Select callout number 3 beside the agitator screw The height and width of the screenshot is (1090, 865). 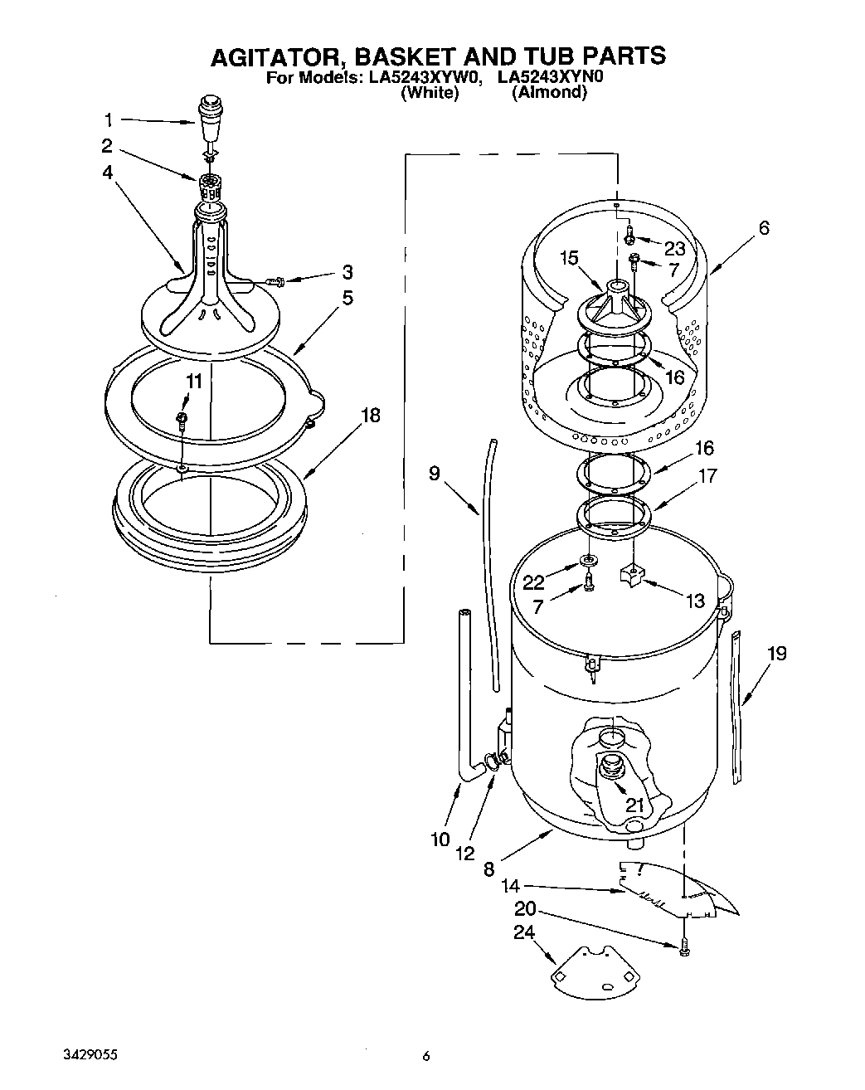pos(347,272)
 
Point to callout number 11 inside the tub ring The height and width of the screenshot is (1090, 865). pos(192,382)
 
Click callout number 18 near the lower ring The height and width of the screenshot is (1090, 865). pos(370,415)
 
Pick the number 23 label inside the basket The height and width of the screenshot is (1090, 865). pos(674,247)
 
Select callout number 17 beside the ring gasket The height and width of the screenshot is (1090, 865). pos(707,477)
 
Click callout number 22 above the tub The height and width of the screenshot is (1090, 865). pos(534,582)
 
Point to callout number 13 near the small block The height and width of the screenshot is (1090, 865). pos(694,600)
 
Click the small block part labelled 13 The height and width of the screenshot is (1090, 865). pos(633,574)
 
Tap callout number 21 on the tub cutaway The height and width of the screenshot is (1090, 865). pos(634,805)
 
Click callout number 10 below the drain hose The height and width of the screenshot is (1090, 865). pos(440,839)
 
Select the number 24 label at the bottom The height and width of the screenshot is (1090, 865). pos(524,932)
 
